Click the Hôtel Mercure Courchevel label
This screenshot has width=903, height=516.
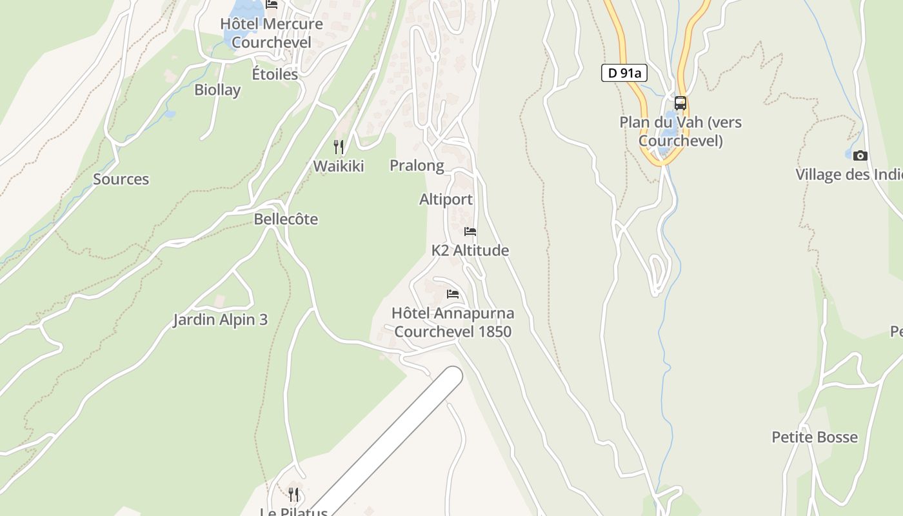click(272, 33)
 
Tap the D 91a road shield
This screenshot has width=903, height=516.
click(624, 73)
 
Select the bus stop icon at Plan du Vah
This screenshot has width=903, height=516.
click(680, 103)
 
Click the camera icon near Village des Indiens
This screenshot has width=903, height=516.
click(860, 155)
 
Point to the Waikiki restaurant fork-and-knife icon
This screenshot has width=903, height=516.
click(339, 147)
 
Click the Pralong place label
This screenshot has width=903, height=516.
click(417, 166)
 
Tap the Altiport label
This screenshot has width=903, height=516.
click(446, 199)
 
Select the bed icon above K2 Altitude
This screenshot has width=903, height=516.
click(470, 231)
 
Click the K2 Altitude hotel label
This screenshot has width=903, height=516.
click(470, 250)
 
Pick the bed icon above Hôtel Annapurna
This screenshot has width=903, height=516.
click(453, 294)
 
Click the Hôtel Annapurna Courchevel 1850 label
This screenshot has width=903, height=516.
click(453, 322)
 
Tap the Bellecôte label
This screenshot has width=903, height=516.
click(286, 219)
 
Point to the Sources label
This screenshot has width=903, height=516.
click(121, 179)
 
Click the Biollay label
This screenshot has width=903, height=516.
click(217, 90)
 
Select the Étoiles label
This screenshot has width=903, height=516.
click(275, 74)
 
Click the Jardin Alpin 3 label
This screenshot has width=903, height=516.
click(220, 320)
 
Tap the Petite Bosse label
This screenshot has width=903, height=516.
click(815, 437)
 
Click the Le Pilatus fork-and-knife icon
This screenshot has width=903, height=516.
click(293, 495)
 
